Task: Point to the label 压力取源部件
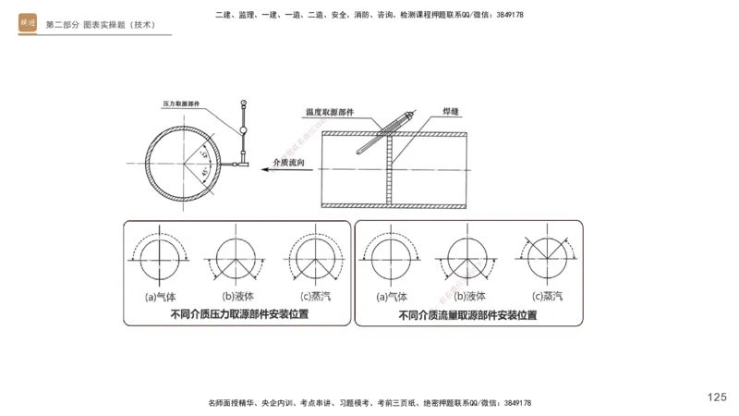click(181, 105)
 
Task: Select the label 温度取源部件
click(332, 113)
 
